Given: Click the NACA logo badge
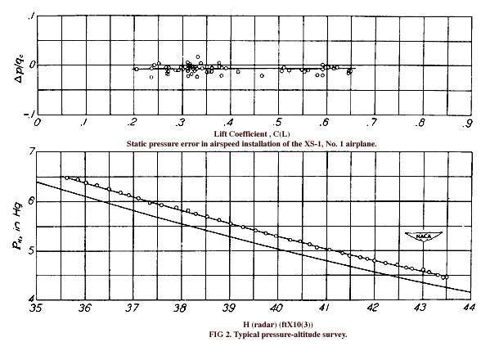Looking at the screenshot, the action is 424,236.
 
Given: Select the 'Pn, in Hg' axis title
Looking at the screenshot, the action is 17,226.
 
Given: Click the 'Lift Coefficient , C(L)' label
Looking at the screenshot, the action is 252,134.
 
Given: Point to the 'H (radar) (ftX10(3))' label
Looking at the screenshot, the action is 278,325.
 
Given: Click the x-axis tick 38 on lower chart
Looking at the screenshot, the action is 180,308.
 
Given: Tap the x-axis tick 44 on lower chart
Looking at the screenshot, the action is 468,308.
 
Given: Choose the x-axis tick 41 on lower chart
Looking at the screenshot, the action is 324,308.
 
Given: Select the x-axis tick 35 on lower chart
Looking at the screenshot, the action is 35,308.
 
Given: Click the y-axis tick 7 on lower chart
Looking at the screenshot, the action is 32,152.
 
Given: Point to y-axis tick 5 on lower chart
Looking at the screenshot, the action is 31,251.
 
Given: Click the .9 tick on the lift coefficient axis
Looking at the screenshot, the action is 466,124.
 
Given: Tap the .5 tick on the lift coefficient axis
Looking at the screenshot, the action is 276,122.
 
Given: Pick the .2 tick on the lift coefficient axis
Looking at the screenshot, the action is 132,122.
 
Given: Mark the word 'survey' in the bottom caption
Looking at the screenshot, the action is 336,335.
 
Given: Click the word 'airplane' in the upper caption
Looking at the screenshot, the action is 363,144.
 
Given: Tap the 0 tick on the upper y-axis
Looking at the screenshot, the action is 32,65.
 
